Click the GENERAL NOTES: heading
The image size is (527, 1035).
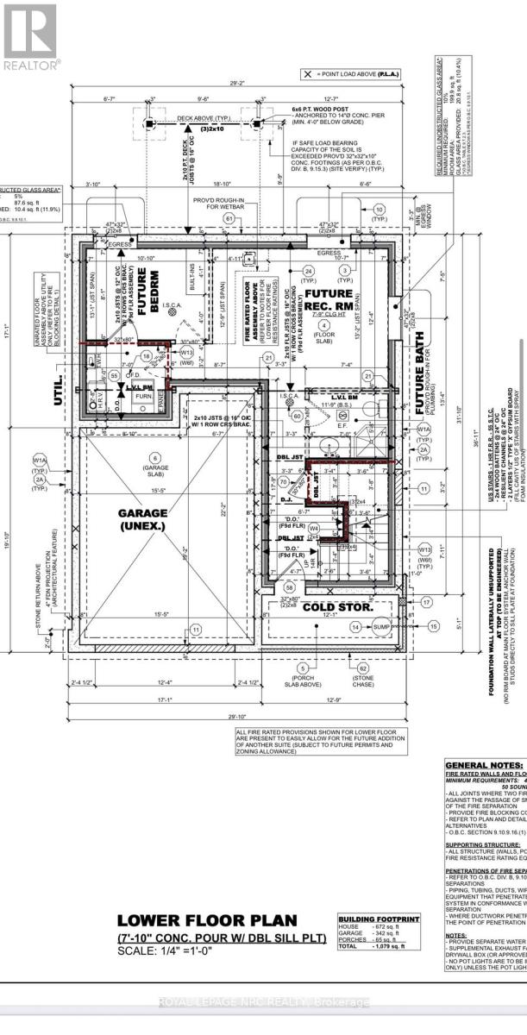(483, 764)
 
